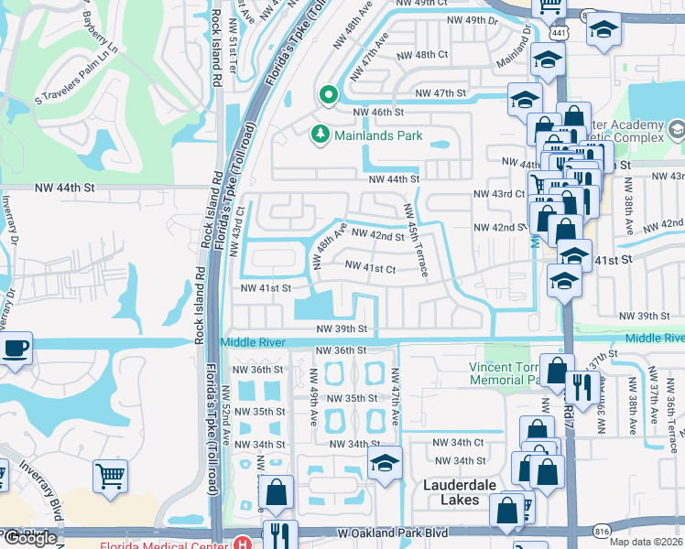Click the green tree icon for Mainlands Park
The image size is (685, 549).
[x=321, y=135]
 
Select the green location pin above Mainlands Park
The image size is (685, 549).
[x=327, y=94]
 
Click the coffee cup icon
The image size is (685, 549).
[x=16, y=349]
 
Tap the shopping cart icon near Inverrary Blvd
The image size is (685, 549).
[x=110, y=475]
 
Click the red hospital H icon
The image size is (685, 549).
[x=242, y=543]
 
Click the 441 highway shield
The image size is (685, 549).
[x=559, y=32]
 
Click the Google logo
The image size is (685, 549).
[x=30, y=538]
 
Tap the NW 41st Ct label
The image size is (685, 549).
[x=370, y=268]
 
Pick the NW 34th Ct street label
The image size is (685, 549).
[x=459, y=443]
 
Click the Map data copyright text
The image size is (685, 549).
[x=647, y=542]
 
